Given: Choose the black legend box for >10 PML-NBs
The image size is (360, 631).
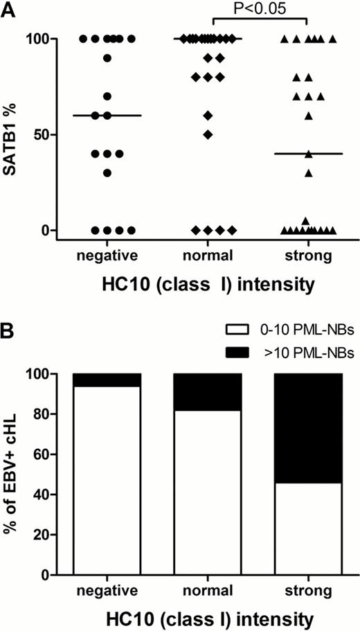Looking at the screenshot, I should click(251, 353).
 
